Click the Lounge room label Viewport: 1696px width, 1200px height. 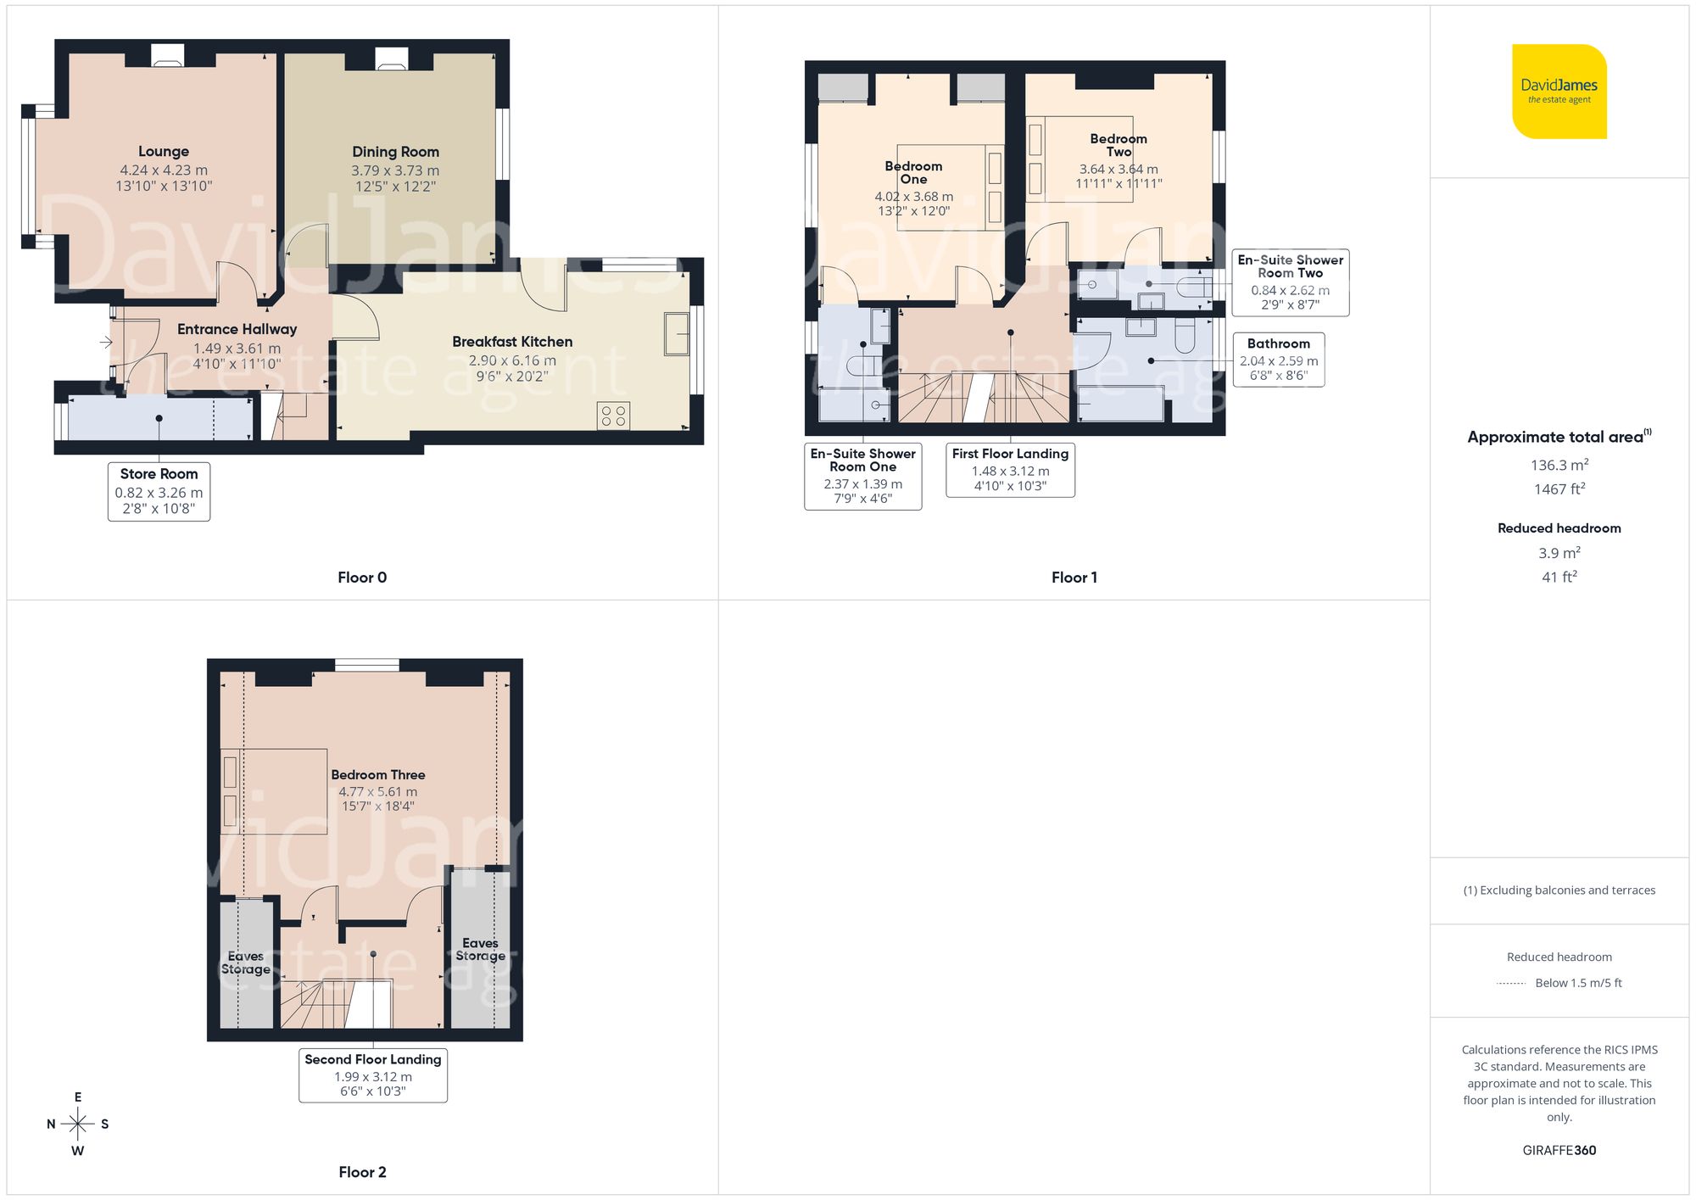click(x=164, y=152)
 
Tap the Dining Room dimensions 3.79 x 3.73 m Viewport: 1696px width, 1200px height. click(x=395, y=170)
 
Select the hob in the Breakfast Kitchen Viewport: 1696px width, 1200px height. click(x=613, y=416)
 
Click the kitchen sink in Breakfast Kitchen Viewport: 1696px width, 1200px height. click(x=677, y=333)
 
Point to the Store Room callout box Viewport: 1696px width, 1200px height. click(x=159, y=491)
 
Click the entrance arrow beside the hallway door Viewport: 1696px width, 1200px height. click(x=106, y=343)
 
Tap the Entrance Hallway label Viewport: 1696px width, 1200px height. click(x=237, y=329)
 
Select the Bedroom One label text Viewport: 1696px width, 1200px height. click(x=913, y=172)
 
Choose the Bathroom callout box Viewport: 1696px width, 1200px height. click(x=1278, y=360)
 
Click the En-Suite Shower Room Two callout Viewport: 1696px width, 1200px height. click(x=1290, y=282)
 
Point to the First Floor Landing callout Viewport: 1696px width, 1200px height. click(x=1010, y=469)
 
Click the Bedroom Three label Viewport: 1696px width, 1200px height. click(x=377, y=774)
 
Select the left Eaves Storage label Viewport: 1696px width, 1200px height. click(x=246, y=963)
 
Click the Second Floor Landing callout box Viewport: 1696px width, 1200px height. click(x=372, y=1074)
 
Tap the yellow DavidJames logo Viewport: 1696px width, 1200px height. click(x=1559, y=92)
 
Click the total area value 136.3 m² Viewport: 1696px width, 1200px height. click(x=1559, y=465)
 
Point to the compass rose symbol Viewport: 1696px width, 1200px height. click(x=77, y=1125)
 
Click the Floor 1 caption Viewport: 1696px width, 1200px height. click(x=1074, y=578)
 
